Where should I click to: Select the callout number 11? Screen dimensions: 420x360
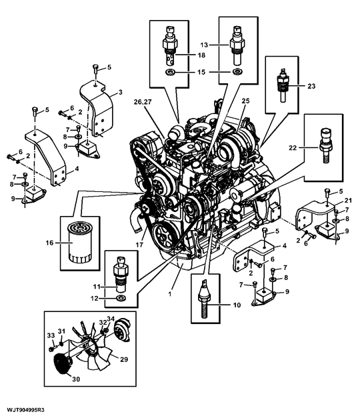click(95, 287)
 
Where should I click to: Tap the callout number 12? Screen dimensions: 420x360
click(95, 298)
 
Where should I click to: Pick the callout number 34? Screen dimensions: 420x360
click(111, 319)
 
